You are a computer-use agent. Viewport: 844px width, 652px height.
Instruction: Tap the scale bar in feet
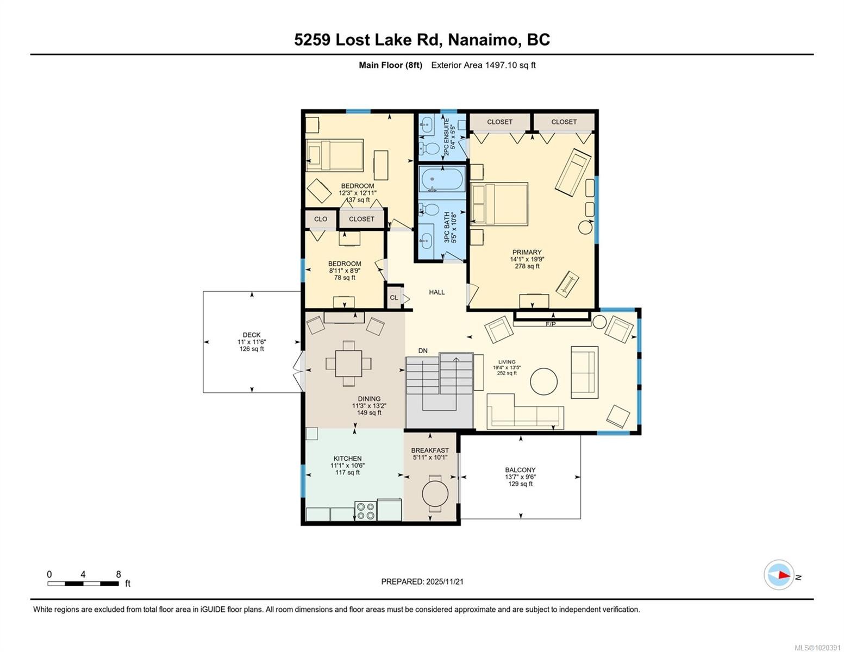point(83,584)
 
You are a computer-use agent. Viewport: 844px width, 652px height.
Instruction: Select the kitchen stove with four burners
point(365,510)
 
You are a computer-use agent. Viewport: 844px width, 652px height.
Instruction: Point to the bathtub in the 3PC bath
point(442,179)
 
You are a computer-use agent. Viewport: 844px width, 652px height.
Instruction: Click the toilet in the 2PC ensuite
point(431,148)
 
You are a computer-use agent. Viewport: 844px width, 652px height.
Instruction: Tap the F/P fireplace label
point(551,324)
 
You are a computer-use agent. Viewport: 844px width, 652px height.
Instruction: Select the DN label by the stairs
point(423,351)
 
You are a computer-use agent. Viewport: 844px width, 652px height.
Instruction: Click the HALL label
point(436,292)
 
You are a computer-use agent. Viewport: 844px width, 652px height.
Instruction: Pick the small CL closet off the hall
point(394,297)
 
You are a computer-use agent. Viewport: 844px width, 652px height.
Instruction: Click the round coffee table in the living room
point(543,381)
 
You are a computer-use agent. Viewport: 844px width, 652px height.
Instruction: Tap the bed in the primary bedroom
point(499,204)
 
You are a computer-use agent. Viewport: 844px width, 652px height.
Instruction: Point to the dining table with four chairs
point(348,363)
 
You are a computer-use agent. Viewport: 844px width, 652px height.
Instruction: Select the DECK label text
point(251,335)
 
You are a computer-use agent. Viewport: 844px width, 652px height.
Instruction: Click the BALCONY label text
point(520,470)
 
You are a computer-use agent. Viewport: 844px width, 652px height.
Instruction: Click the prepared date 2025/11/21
point(445,581)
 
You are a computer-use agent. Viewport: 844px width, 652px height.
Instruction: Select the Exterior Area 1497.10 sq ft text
point(483,65)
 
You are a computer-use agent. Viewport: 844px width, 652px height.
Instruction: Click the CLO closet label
point(321,219)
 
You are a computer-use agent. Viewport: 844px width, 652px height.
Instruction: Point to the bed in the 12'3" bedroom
point(334,155)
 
